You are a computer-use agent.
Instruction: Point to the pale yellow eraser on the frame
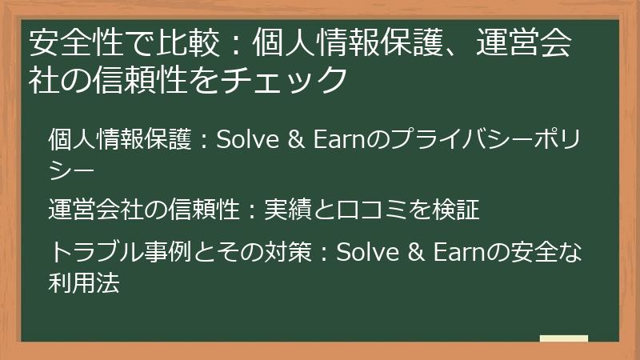coord(563,338)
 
